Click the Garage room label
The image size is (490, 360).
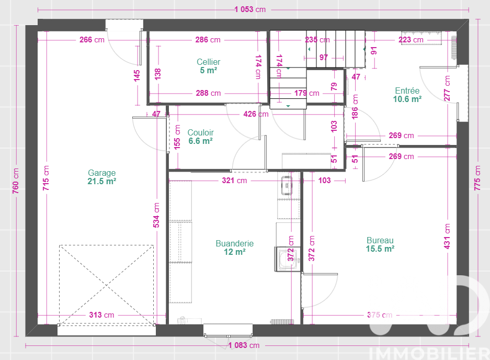click(x=101, y=173)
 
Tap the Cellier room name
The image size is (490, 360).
click(x=209, y=62)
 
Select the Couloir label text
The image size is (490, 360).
click(x=201, y=132)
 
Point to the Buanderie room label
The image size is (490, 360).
click(x=235, y=243)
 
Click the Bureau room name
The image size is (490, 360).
click(x=380, y=240)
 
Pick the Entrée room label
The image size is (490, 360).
click(x=407, y=91)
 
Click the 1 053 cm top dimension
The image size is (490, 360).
click(x=250, y=9)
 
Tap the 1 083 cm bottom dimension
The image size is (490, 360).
click(x=244, y=345)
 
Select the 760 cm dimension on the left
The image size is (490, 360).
click(x=16, y=181)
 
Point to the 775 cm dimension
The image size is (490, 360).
click(x=477, y=178)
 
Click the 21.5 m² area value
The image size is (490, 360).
click(x=102, y=182)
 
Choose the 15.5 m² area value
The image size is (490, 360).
click(x=380, y=249)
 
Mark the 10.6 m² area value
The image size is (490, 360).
click(x=407, y=99)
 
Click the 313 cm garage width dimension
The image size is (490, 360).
click(x=101, y=315)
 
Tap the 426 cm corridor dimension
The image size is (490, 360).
click(x=256, y=114)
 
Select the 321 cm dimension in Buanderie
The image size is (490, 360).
click(x=234, y=181)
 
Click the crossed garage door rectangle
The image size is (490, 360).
click(x=106, y=285)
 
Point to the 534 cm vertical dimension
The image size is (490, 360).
click(x=156, y=215)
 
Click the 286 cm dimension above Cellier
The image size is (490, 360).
click(x=208, y=40)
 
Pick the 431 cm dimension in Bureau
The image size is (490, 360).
click(x=447, y=236)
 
